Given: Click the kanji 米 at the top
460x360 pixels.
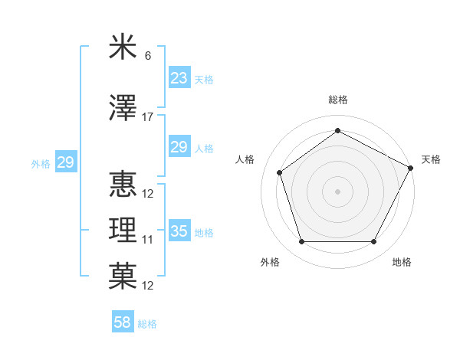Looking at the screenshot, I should (123, 48).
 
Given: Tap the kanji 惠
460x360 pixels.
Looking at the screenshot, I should (123, 185).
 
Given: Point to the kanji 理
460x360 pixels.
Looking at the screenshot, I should (123, 231).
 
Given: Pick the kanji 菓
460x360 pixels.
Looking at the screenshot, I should (123, 277).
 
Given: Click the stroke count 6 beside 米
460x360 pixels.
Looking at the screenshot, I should (148, 56).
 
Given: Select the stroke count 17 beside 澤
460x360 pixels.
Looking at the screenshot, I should (148, 117).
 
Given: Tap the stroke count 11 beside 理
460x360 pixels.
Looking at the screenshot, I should (148, 240).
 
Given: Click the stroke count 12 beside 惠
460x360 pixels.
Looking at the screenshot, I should (148, 194).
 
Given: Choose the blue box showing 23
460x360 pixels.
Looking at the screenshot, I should (179, 78).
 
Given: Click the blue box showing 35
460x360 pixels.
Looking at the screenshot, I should (179, 231).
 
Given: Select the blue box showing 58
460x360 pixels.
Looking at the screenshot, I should (123, 322).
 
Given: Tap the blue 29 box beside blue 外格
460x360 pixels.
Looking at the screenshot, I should (65, 162).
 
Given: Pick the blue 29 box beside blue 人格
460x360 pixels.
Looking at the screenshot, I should (179, 147).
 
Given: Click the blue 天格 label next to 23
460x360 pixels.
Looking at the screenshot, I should (204, 79).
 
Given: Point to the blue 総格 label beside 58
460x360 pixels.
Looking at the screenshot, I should (147, 324).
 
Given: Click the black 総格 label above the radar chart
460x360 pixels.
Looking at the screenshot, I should (337, 100).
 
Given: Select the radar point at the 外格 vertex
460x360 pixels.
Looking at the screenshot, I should (301, 242).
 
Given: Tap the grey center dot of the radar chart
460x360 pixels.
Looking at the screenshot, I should (337, 191).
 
